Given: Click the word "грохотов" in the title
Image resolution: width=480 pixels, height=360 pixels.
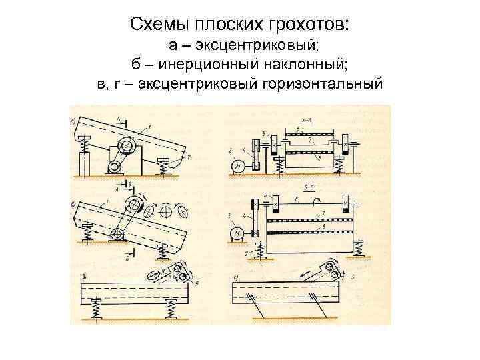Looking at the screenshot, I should pyautogui.click(x=299, y=25).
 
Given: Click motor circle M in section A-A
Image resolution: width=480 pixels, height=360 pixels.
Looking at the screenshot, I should pyautogui.click(x=236, y=166).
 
